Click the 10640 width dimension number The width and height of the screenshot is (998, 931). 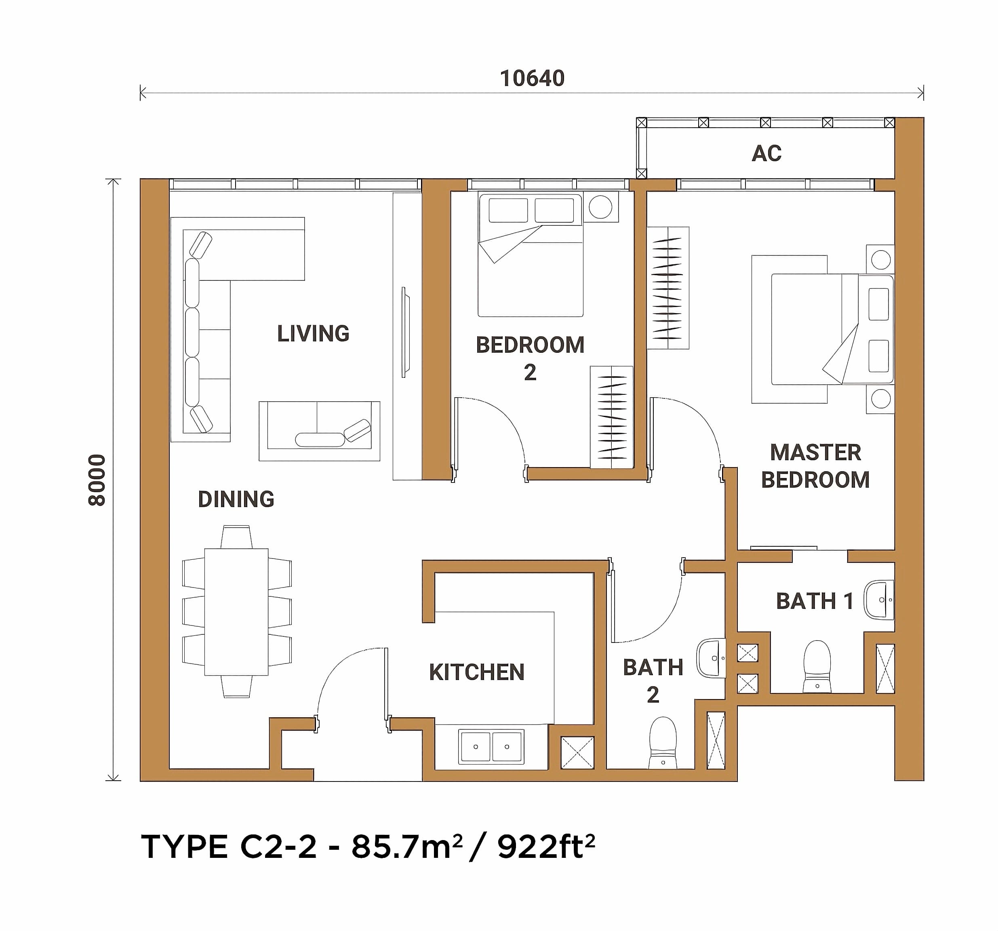pos(532,78)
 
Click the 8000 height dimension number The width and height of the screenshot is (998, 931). pos(97,480)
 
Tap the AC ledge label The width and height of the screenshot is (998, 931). pos(766,153)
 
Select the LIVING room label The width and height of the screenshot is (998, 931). pos(313,333)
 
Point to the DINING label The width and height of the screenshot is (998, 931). pos(236,499)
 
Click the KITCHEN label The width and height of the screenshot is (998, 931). pos(476,672)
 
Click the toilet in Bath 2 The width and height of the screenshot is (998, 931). pos(663,743)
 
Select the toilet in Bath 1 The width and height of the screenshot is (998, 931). pos(817,667)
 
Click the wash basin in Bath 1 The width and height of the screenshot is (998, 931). pos(879,600)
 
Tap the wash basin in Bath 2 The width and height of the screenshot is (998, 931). pos(712,658)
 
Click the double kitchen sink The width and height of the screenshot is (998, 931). pos(491,747)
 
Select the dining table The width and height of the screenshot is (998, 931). pos(236,612)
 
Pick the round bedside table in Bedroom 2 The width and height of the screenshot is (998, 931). pos(600,206)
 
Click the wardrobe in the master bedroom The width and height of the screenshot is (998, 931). pos(667,288)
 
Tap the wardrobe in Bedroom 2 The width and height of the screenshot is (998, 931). pos(611,417)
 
